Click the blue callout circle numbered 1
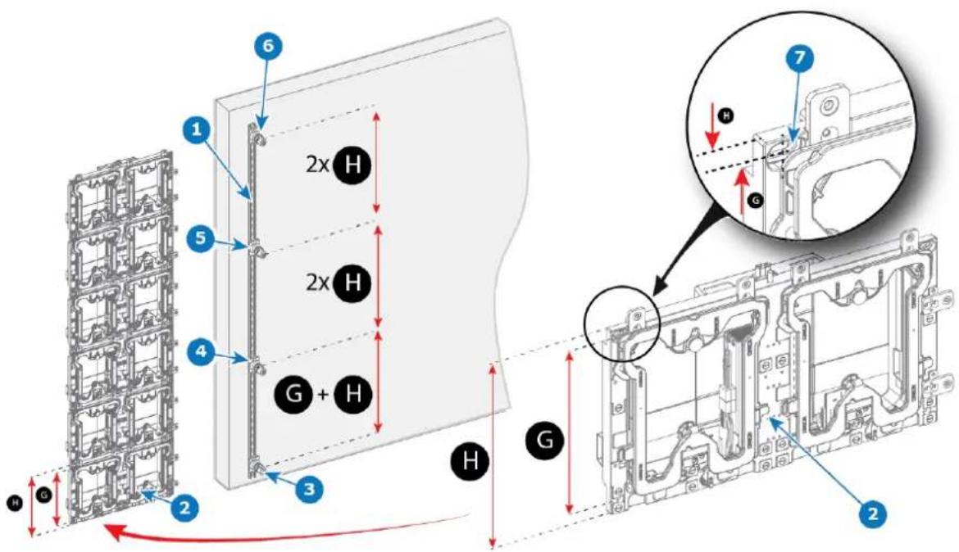coord(197,129)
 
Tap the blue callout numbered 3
coord(310,488)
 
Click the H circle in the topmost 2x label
coord(352,165)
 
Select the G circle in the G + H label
coord(294,393)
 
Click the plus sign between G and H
coord(324,394)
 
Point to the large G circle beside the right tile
coord(544,439)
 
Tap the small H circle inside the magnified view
coord(726,115)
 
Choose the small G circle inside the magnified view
coord(756,200)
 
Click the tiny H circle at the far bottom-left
coord(16,503)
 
